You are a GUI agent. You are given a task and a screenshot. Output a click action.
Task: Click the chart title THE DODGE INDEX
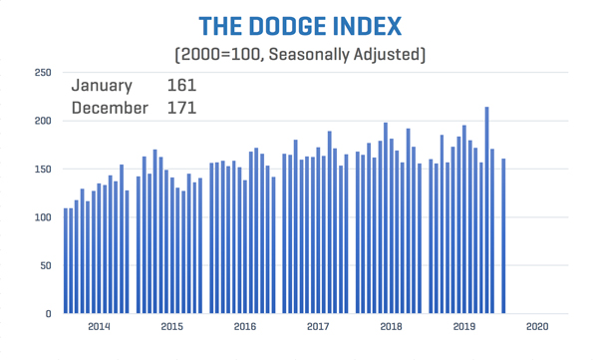point(298,25)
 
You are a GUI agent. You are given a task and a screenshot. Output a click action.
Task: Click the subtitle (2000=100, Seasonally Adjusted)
point(298,54)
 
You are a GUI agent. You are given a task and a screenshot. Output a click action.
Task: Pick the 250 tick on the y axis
point(42,73)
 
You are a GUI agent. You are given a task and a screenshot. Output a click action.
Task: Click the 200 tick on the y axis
point(42,121)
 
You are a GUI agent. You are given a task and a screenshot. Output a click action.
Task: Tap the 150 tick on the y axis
point(42,170)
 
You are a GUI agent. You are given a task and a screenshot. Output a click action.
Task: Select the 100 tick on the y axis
point(42,217)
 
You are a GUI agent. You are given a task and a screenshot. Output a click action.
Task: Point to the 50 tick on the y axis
point(45,266)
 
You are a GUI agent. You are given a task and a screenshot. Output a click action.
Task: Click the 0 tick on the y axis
point(48,314)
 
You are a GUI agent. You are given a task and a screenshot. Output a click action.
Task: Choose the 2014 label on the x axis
point(99,327)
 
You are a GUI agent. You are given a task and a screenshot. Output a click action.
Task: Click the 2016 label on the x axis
point(245,327)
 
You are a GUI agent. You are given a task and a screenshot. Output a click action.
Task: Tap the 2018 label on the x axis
point(392,327)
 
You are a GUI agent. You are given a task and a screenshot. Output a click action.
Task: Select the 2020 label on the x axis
point(537,327)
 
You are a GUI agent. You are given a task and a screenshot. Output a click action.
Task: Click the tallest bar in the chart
point(486,210)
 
